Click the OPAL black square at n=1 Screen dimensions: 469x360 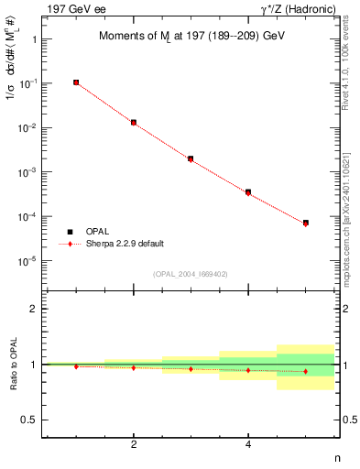[76, 82]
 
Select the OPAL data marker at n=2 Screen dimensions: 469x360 [134, 122]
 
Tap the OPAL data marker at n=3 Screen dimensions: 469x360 [191, 158]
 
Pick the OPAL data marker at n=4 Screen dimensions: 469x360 [248, 192]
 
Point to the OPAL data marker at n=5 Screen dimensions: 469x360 [305, 223]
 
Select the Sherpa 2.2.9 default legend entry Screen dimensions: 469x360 [129, 244]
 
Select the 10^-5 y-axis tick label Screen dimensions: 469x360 [28, 262]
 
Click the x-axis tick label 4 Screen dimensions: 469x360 [248, 446]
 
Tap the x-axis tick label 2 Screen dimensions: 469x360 [134, 446]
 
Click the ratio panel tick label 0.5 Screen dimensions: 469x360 [30, 420]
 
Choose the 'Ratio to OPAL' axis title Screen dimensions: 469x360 [12, 364]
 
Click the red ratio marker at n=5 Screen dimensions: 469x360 [305, 371]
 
